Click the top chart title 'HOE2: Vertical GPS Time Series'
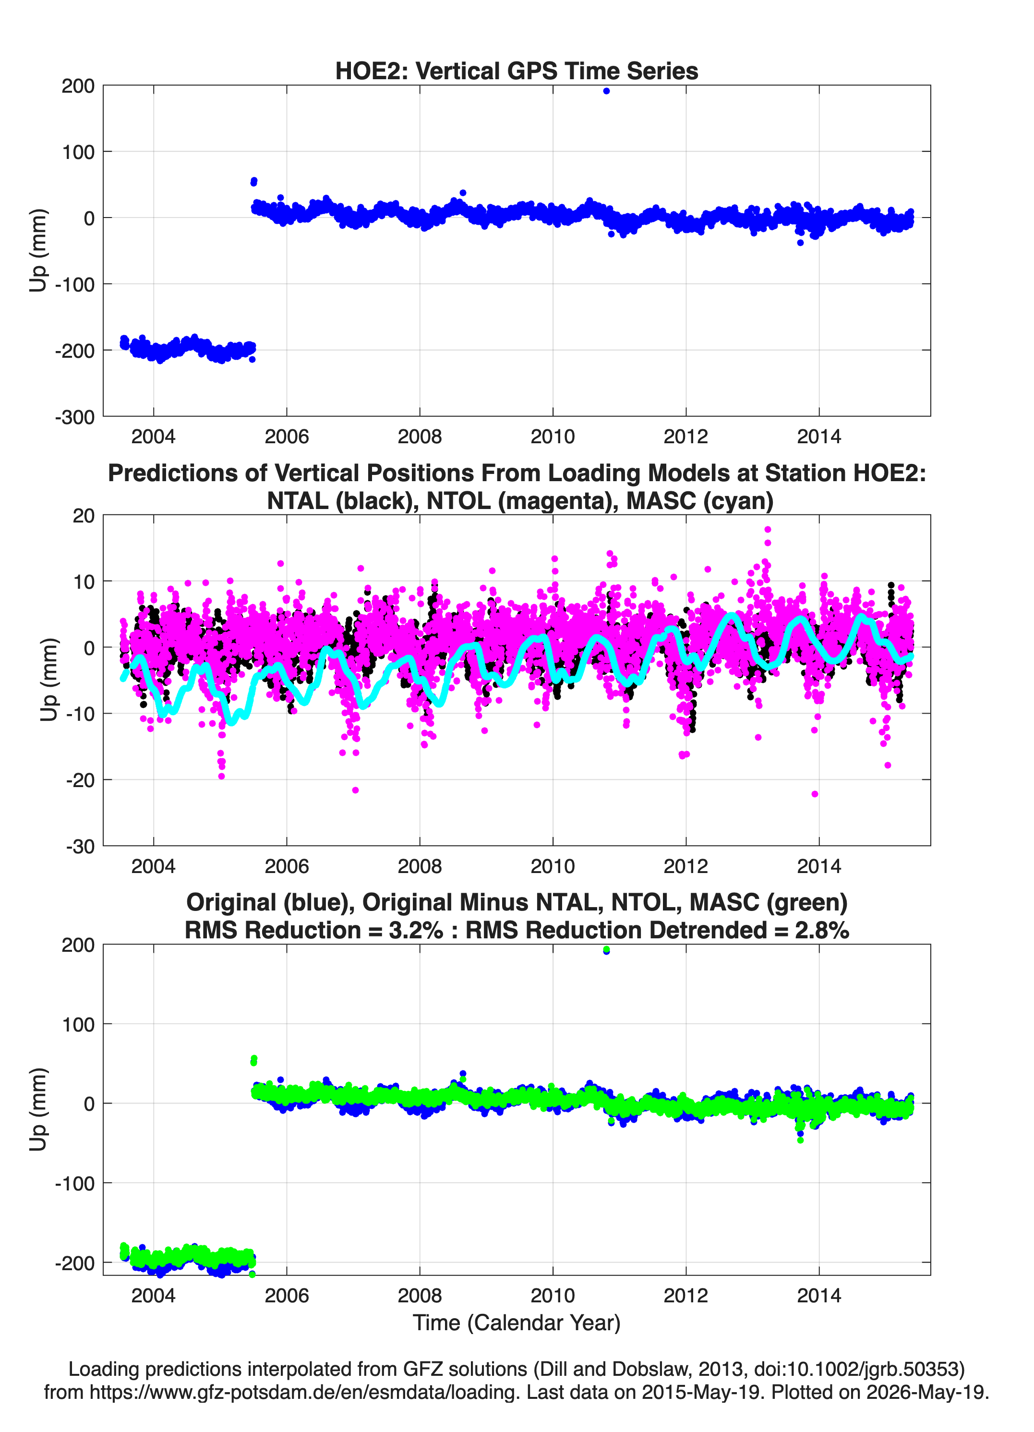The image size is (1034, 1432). [x=517, y=71]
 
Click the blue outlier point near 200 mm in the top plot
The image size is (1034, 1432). [x=606, y=91]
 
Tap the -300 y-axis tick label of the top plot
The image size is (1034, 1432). [x=74, y=417]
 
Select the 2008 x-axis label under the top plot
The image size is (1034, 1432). [x=420, y=437]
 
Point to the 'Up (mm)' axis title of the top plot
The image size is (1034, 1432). [x=38, y=250]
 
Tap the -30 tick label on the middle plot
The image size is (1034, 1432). [x=80, y=847]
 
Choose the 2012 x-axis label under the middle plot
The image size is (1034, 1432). [x=686, y=866]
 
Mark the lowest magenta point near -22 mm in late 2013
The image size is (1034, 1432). [x=814, y=794]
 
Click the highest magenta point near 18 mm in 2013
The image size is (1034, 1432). [x=768, y=530]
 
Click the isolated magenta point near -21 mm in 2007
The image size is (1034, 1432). [x=355, y=790]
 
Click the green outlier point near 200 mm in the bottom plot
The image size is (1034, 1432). [x=606, y=949]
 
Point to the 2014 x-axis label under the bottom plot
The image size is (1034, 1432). [x=819, y=1296]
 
